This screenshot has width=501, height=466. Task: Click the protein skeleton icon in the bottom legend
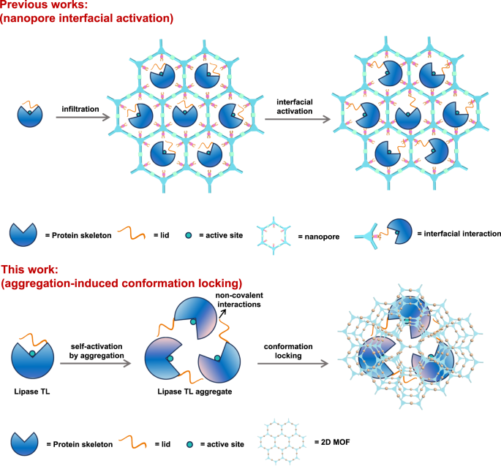pos(26,443)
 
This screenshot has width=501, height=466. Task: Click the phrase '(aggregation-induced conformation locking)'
pos(121,283)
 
